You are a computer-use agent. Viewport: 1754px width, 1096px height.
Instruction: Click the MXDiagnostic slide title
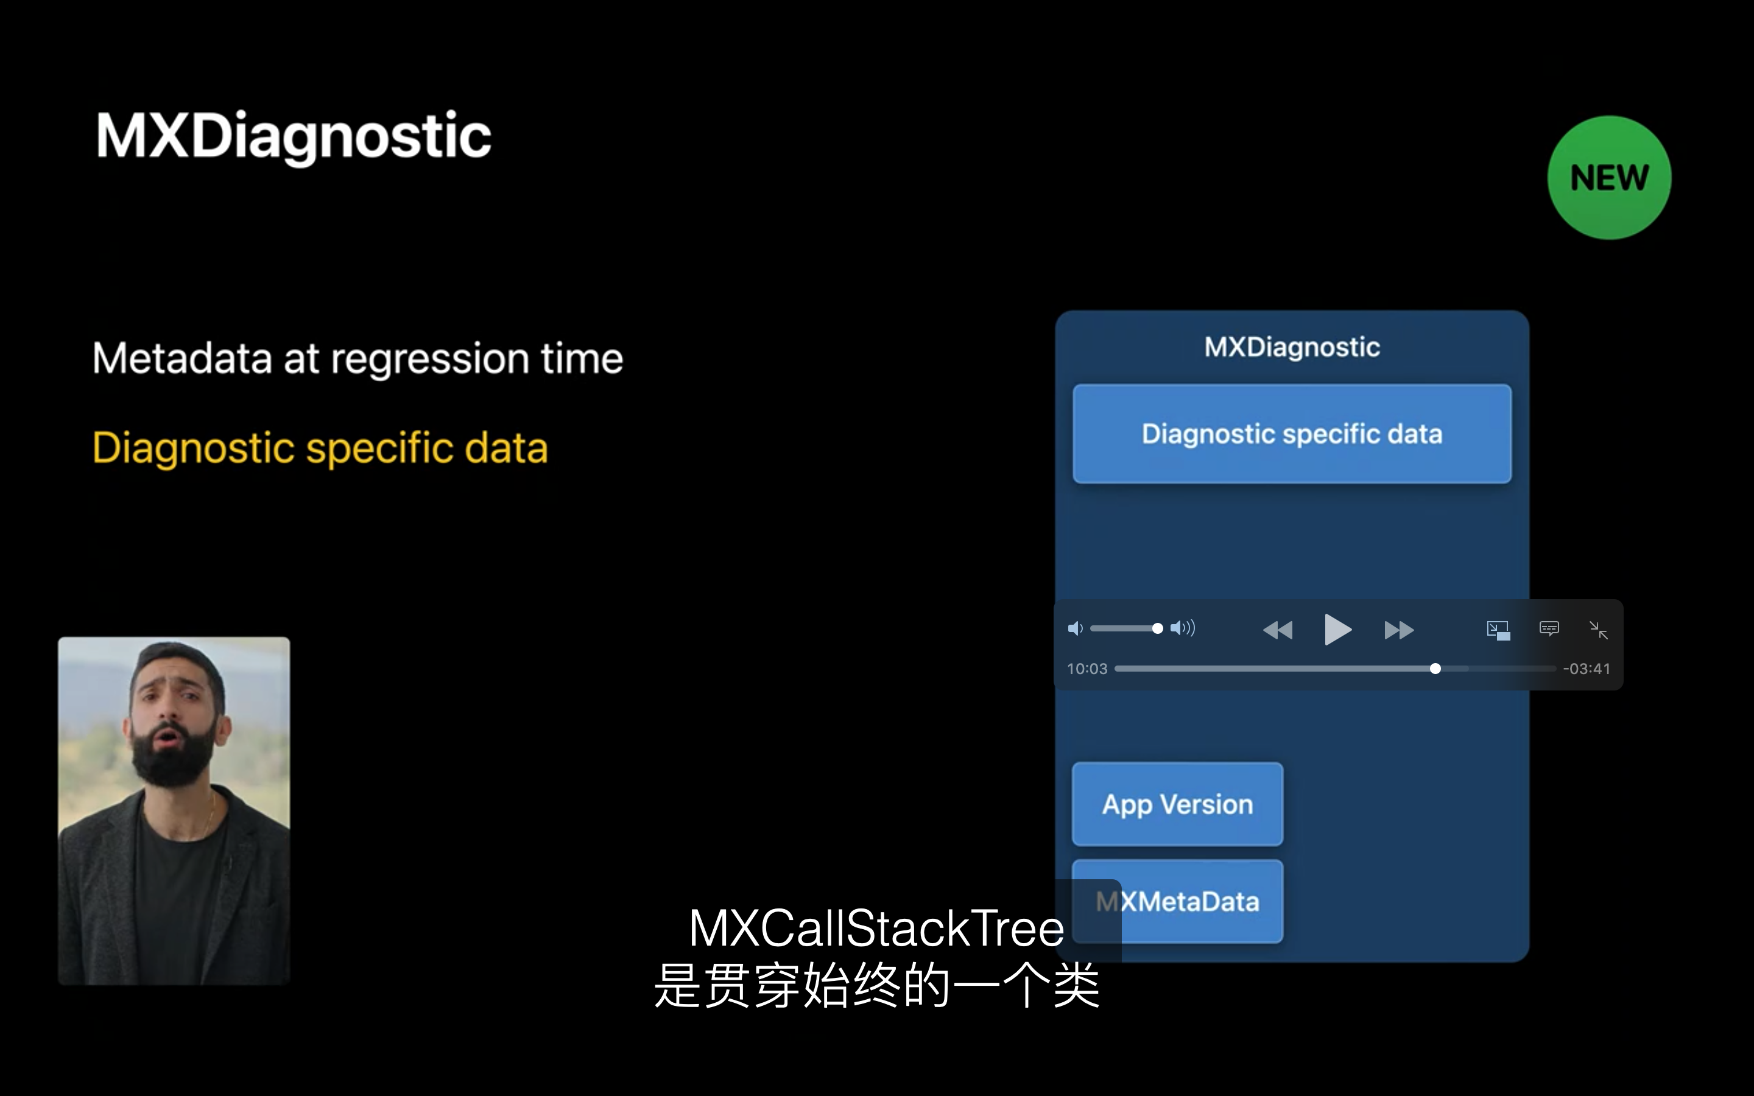point(294,136)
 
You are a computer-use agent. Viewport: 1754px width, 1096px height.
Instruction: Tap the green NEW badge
point(1609,178)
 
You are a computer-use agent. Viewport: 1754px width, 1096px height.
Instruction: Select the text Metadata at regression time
point(358,358)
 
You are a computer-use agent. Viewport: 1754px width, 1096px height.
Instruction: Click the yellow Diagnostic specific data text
point(320,448)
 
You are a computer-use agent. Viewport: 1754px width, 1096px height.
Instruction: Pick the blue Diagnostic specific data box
point(1292,434)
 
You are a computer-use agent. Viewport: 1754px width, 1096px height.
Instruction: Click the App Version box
point(1178,804)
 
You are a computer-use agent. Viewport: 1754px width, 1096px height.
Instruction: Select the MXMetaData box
point(1178,901)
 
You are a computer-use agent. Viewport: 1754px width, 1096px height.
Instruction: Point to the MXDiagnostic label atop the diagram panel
point(1292,347)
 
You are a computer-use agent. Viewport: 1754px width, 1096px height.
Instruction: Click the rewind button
point(1277,630)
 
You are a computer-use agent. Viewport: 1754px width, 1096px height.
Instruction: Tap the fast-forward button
point(1399,630)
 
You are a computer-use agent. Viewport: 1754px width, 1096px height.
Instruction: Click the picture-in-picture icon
point(1498,630)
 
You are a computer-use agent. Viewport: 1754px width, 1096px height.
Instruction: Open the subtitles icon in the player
point(1549,628)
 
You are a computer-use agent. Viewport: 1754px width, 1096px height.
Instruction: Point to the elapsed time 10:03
point(1087,669)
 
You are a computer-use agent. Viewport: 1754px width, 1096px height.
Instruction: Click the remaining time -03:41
point(1587,669)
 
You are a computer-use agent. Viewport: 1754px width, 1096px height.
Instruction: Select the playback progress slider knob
point(1435,669)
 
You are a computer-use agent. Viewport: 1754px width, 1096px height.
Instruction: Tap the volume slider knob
point(1158,628)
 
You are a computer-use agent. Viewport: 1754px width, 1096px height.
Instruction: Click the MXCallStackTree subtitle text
point(876,928)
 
